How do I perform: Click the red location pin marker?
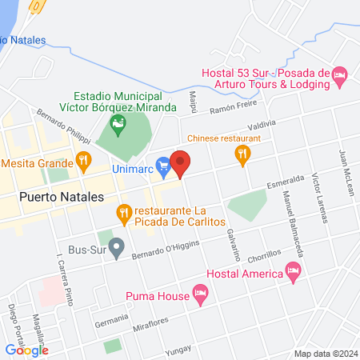pyautogui.click(x=181, y=163)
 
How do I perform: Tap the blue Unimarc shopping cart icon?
pyautogui.click(x=163, y=166)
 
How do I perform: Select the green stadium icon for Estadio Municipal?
pyautogui.click(x=118, y=122)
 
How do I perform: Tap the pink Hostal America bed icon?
pyautogui.click(x=294, y=274)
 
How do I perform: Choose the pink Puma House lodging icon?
pyautogui.click(x=201, y=295)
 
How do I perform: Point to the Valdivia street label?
pyautogui.click(x=262, y=124)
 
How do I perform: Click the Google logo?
pyautogui.click(x=27, y=350)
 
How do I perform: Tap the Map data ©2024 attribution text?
pyautogui.click(x=326, y=354)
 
